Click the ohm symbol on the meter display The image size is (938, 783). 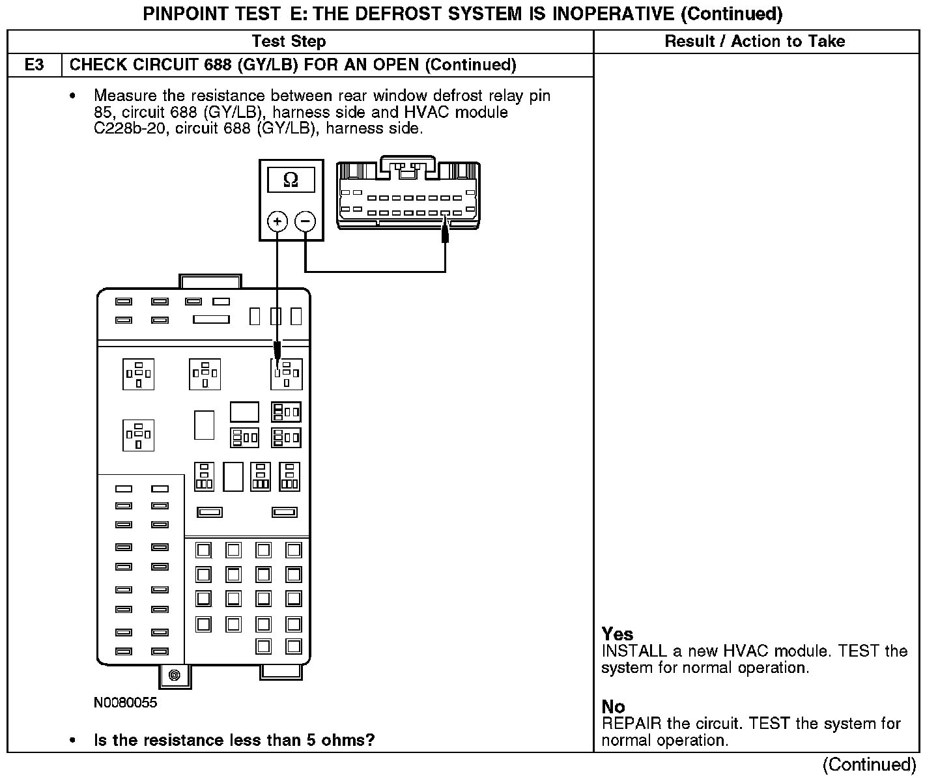point(291,180)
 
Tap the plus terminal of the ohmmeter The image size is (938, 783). point(277,221)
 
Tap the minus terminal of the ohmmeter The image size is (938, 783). point(306,221)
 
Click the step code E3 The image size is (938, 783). point(35,65)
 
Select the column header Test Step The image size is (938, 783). point(289,42)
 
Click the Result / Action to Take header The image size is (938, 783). point(754,42)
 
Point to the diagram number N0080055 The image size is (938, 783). point(126,703)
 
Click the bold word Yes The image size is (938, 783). point(617,634)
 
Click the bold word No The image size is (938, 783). point(613,707)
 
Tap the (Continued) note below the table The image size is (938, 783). point(869,765)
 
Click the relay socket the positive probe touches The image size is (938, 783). point(286,374)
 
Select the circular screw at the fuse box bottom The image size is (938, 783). point(174,675)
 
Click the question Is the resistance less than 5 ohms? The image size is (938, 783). point(234,741)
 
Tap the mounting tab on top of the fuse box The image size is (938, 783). point(210,281)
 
